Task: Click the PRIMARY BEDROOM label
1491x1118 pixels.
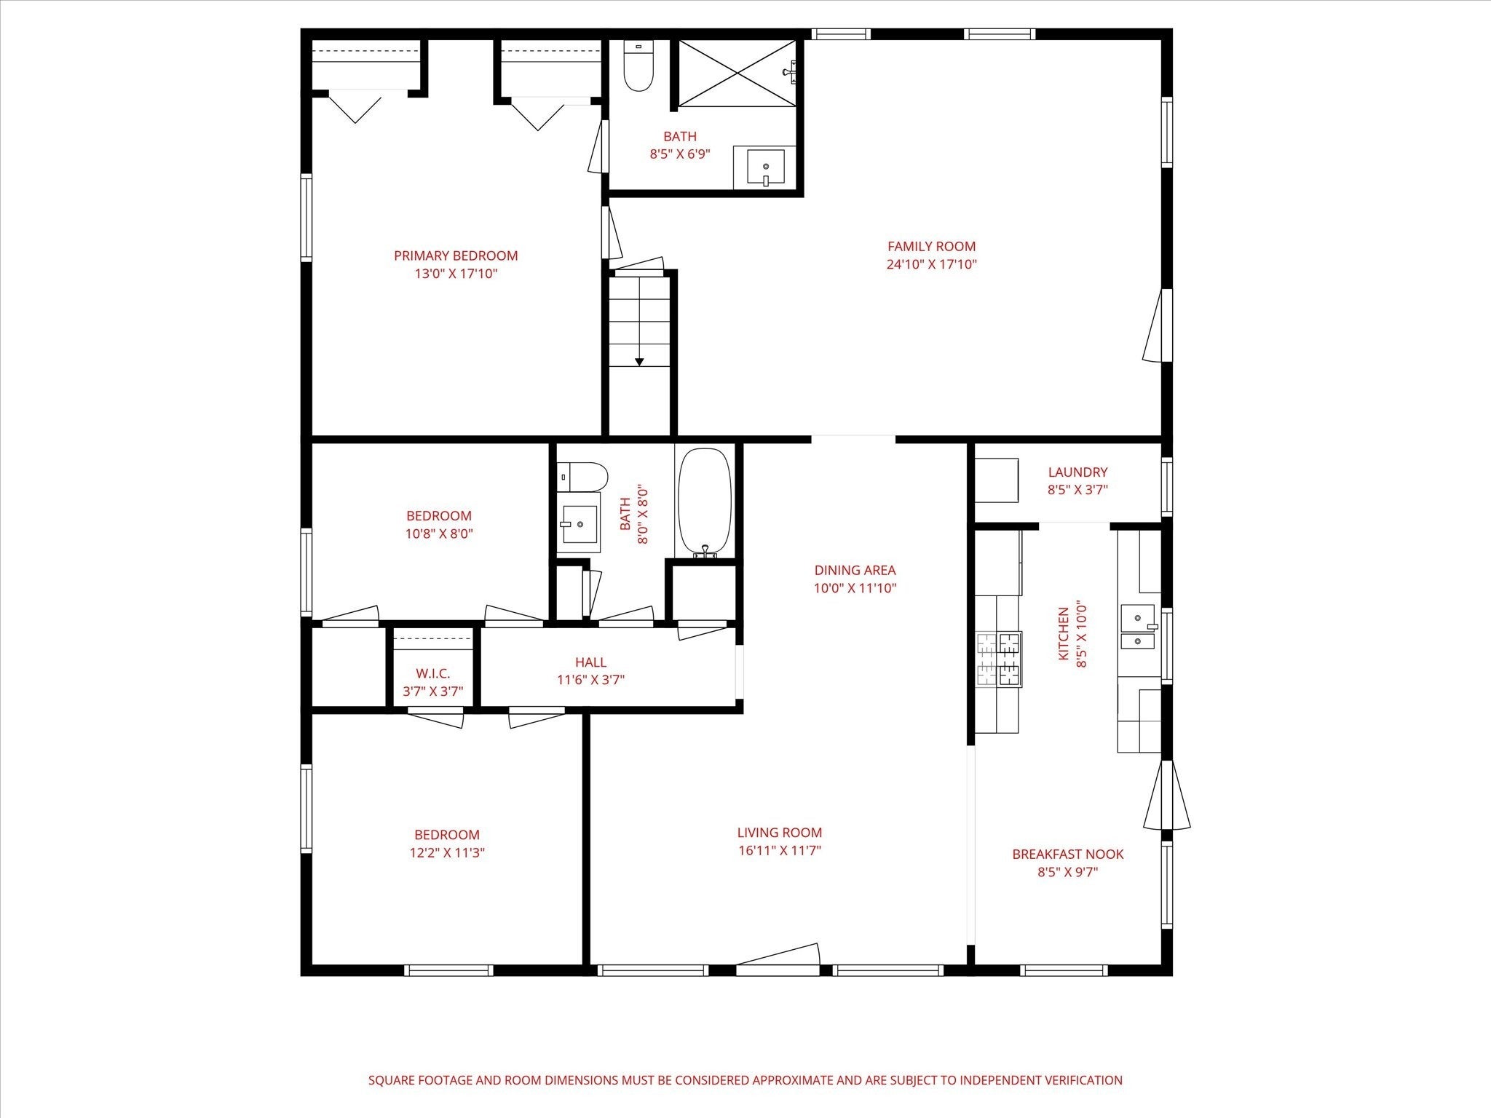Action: click(x=456, y=255)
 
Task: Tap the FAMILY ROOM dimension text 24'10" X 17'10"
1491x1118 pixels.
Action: click(x=931, y=265)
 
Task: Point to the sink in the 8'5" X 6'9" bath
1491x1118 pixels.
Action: click(x=765, y=168)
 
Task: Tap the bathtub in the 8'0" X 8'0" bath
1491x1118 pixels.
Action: click(x=704, y=503)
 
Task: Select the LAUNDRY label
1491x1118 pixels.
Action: click(x=1077, y=472)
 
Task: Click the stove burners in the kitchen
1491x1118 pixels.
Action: click(x=999, y=659)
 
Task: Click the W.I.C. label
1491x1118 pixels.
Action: click(x=433, y=674)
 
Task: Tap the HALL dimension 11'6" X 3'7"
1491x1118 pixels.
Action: click(x=591, y=681)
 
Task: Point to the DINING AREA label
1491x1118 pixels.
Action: click(x=855, y=571)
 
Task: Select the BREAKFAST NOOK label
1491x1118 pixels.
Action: click(x=1068, y=855)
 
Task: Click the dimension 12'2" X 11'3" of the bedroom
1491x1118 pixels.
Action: click(x=447, y=853)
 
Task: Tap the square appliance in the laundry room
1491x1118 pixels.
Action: click(x=997, y=480)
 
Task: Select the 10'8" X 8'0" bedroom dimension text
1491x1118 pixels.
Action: click(x=440, y=534)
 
